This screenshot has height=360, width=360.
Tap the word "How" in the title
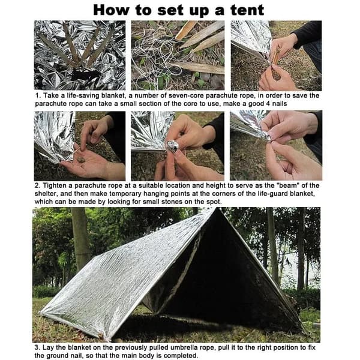click(111, 11)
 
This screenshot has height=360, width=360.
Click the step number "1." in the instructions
click(38, 95)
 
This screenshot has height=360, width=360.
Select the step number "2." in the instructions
click(38, 185)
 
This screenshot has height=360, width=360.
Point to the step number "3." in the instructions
click(37, 347)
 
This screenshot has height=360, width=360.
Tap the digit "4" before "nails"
click(268, 104)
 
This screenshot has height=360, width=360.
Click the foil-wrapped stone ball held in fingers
click(172, 147)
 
